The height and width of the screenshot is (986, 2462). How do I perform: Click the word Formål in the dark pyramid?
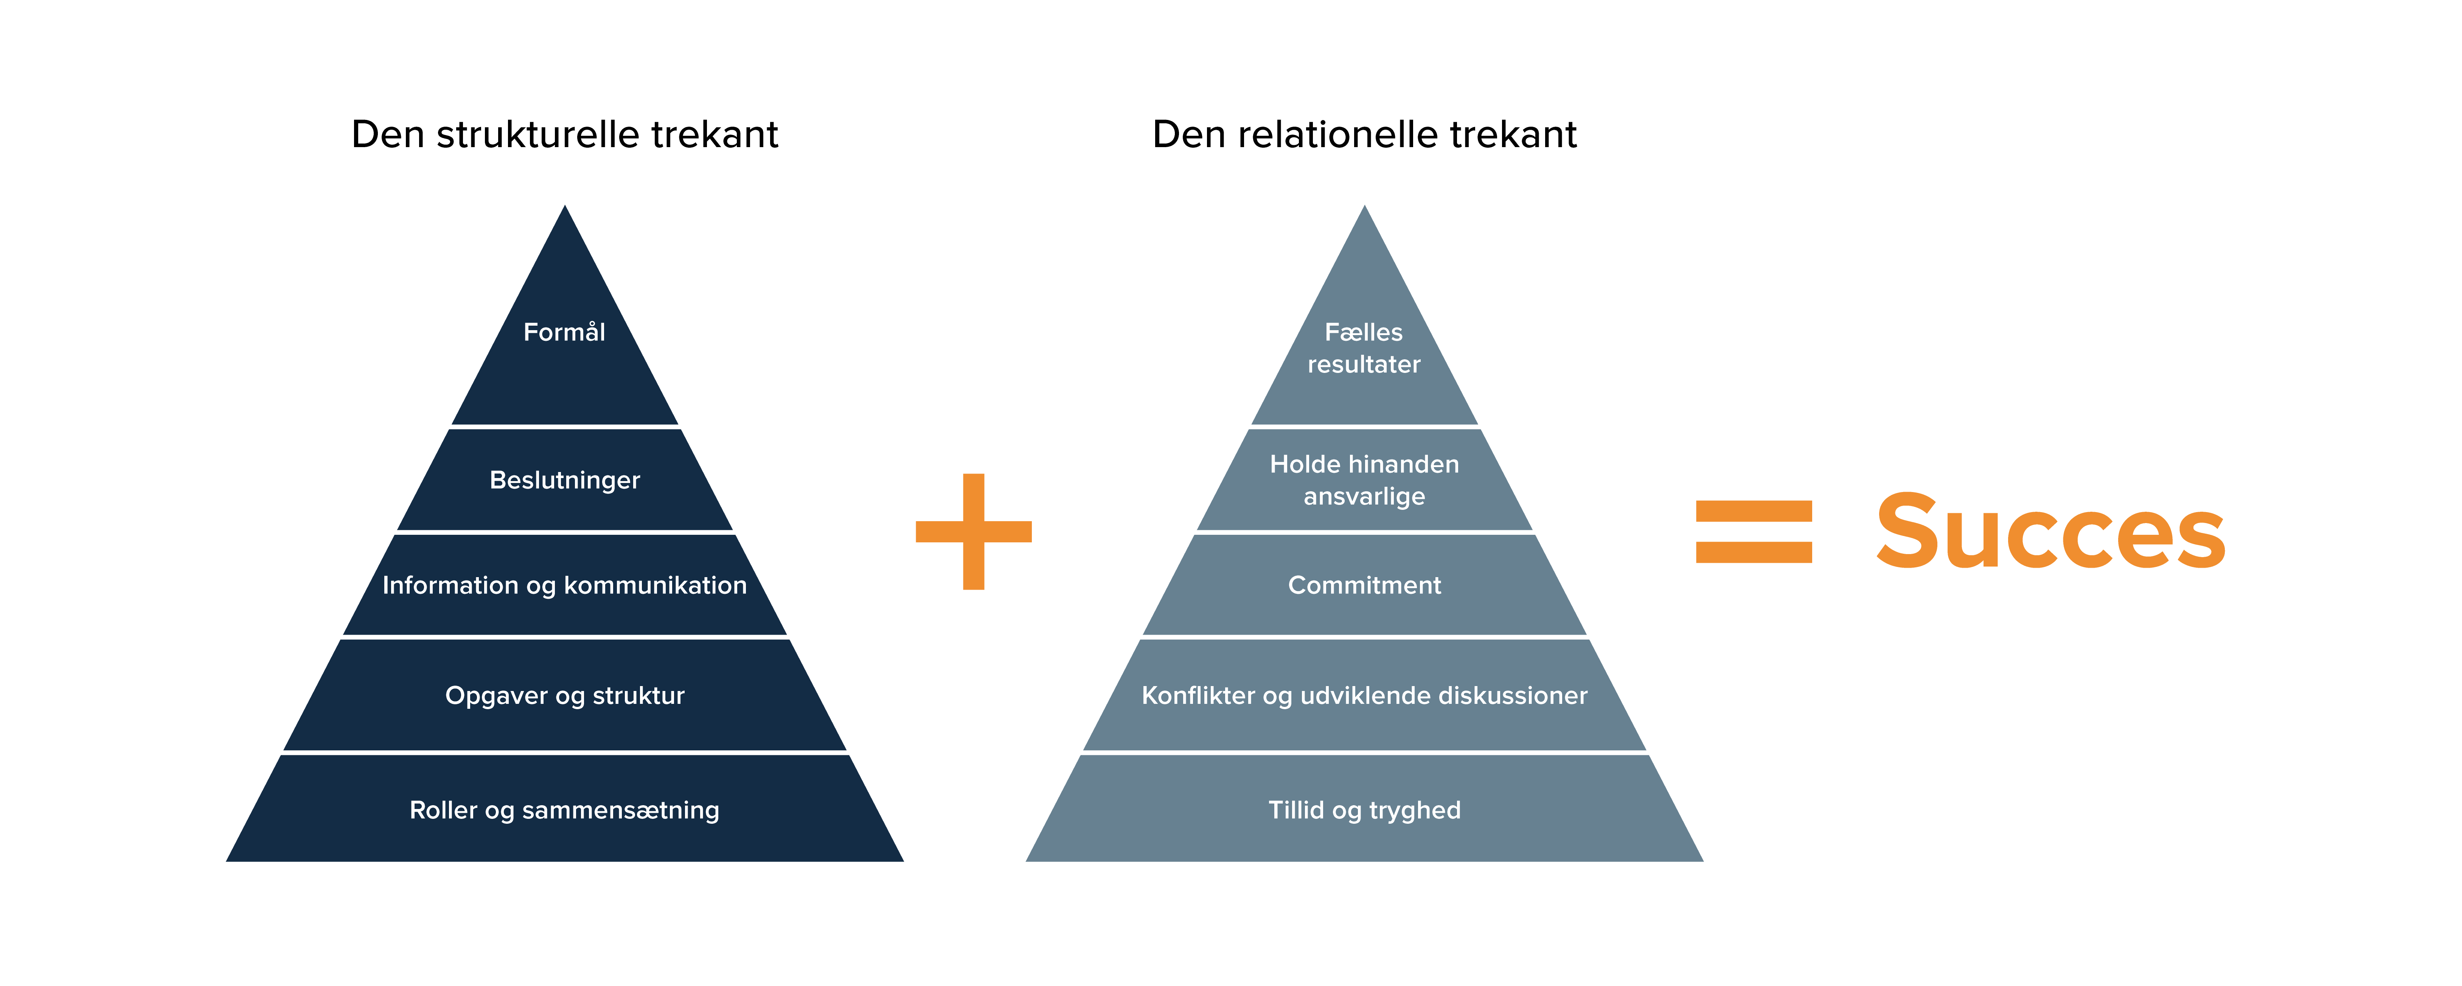564,332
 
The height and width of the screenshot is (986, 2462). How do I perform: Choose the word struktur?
638,696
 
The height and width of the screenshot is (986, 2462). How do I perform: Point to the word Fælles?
1364,332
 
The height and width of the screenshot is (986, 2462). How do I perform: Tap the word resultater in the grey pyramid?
1364,365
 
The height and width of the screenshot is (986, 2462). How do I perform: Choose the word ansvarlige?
1364,497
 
